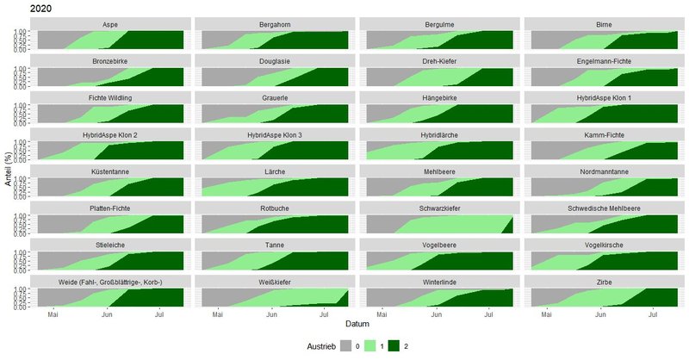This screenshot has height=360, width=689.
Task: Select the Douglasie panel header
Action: click(274, 61)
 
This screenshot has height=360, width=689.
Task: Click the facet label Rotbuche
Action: click(274, 208)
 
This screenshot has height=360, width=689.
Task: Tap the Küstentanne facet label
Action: click(110, 171)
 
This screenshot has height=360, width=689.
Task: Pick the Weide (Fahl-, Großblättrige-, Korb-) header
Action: click(110, 282)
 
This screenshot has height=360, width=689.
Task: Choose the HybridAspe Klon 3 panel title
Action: click(274, 135)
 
